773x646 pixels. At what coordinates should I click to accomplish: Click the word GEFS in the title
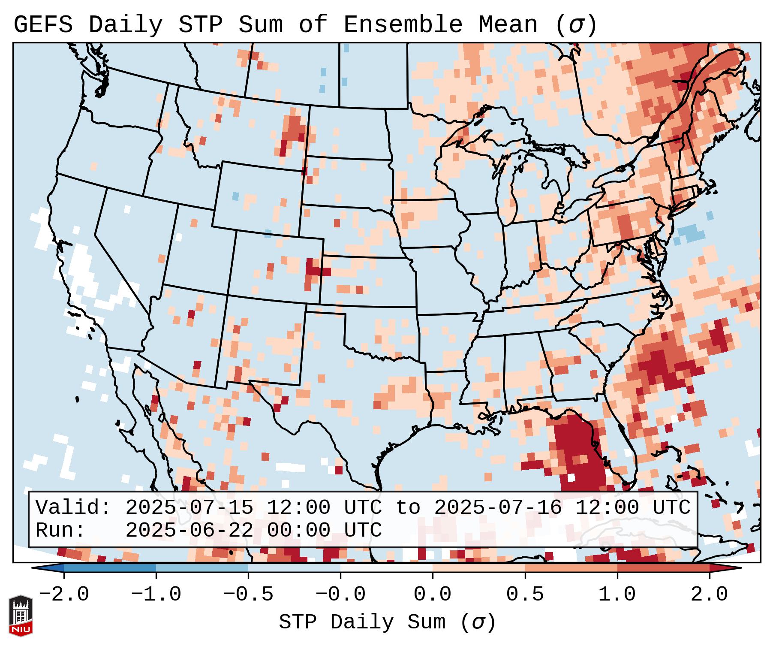(x=43, y=25)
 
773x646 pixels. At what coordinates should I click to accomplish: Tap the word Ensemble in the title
(x=403, y=25)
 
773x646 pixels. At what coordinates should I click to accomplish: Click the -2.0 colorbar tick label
(x=64, y=595)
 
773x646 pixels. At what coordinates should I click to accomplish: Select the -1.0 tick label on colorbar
(x=156, y=595)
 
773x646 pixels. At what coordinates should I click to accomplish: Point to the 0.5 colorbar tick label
(x=525, y=595)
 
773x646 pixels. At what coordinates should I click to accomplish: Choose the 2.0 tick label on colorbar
(x=710, y=595)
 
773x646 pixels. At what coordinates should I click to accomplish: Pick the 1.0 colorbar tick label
(x=617, y=595)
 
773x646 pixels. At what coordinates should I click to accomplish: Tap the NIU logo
(x=20, y=616)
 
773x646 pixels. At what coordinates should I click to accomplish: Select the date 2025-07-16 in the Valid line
(x=498, y=508)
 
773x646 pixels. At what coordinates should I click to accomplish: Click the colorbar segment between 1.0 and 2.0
(x=663, y=568)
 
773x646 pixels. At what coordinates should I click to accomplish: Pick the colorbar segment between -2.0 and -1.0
(x=110, y=568)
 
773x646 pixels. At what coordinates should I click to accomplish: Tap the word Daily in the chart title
(x=126, y=25)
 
